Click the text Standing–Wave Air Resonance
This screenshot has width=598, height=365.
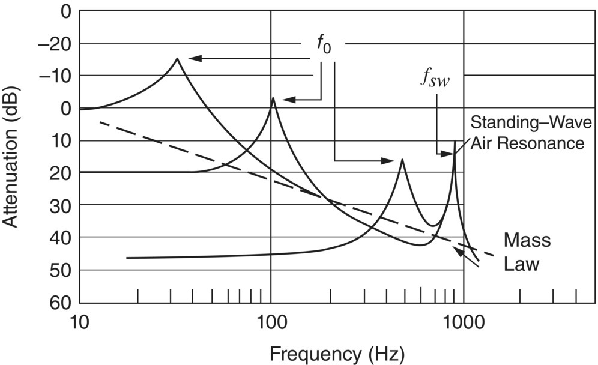pos(527,133)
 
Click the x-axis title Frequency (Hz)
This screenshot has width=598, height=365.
pos(337,350)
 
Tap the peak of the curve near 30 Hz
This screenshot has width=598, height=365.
pos(177,58)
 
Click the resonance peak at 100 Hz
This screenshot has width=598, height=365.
pos(273,98)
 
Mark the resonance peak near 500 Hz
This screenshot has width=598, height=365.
pos(402,160)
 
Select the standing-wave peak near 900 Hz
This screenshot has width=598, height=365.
pos(455,141)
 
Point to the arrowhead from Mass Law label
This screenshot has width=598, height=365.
pos(458,249)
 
